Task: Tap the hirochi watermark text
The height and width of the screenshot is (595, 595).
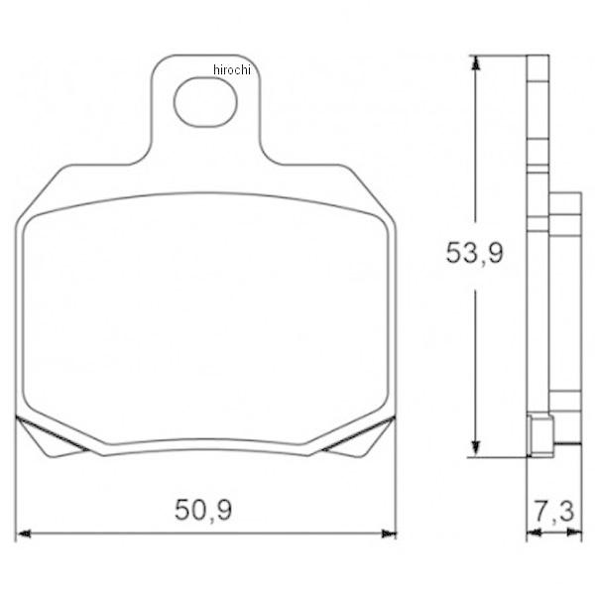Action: tap(233, 68)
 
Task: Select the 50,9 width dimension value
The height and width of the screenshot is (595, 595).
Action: tap(204, 512)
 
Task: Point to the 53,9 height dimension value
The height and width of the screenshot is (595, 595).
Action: tap(474, 253)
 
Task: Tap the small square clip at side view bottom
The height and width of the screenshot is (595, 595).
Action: tap(541, 434)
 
